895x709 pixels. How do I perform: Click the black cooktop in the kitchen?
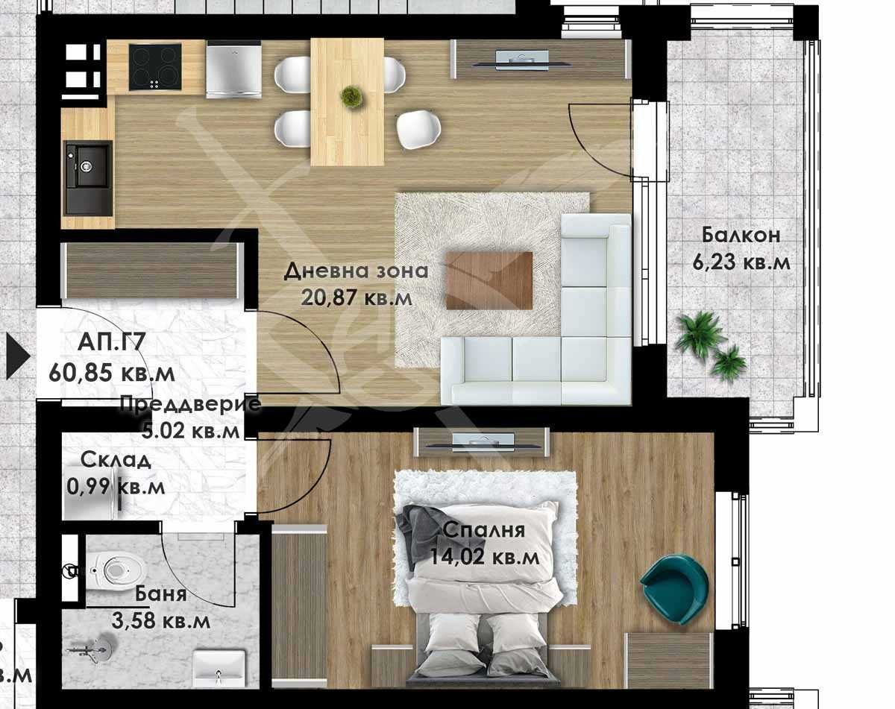[x=155, y=66]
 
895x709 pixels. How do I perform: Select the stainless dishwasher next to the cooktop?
[x=233, y=69]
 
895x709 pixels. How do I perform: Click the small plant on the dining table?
[x=351, y=96]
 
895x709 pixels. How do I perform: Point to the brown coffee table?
[x=489, y=280]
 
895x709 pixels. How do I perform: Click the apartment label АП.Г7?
[x=110, y=344]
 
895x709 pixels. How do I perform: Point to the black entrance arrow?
[x=16, y=356]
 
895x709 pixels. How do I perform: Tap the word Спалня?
[x=483, y=531]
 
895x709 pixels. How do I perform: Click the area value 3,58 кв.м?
[x=162, y=620]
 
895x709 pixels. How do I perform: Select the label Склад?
[x=116, y=460]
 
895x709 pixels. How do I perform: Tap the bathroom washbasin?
[x=219, y=667]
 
